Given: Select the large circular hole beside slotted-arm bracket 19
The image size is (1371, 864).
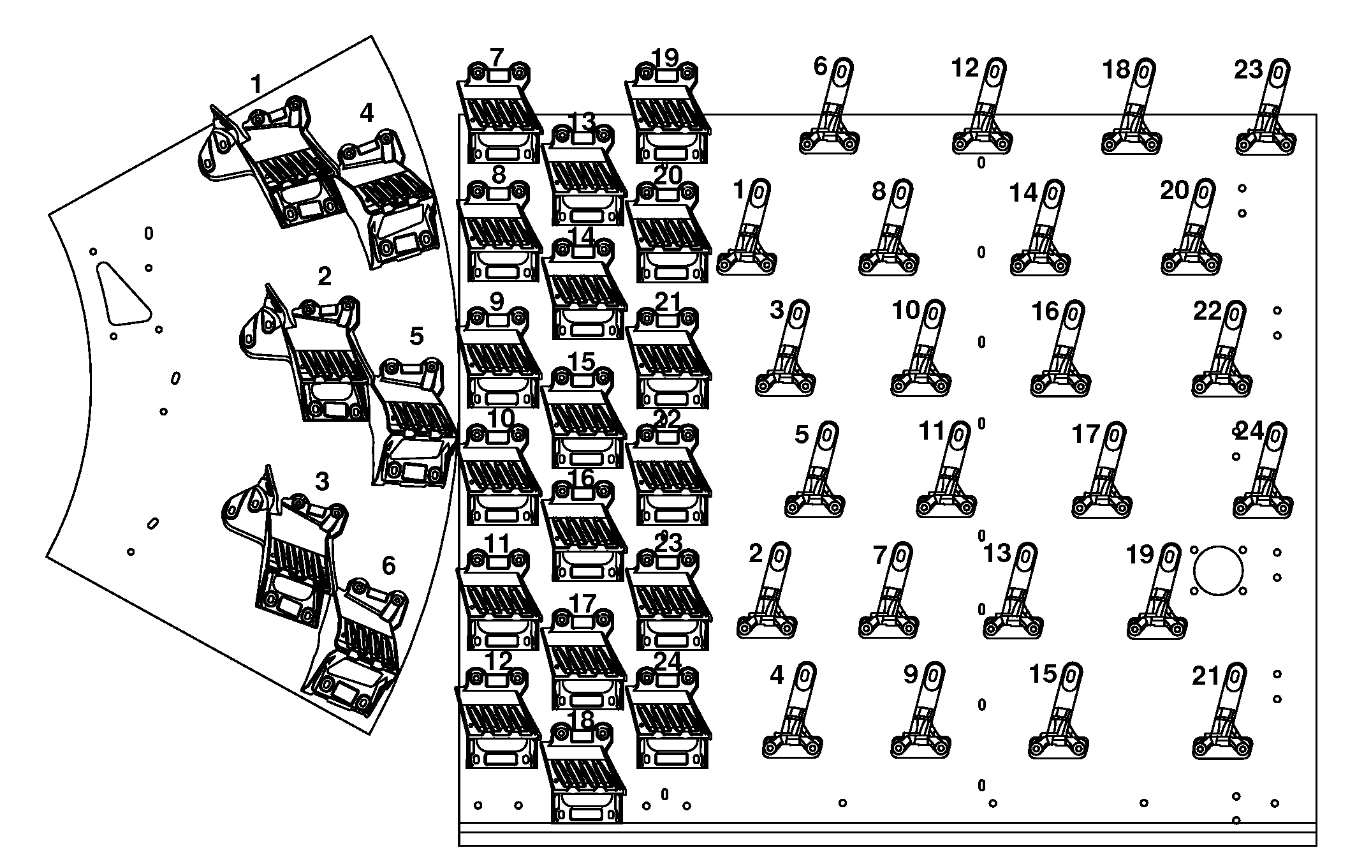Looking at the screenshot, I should [1218, 570].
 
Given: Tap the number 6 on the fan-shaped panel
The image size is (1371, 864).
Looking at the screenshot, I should [388, 566].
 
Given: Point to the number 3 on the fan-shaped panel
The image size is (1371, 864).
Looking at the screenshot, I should [322, 482].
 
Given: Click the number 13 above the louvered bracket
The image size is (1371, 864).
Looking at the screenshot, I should [582, 121].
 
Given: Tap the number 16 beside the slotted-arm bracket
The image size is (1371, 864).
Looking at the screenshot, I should [1045, 311].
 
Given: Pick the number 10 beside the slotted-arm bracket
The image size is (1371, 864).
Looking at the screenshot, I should [905, 311].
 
